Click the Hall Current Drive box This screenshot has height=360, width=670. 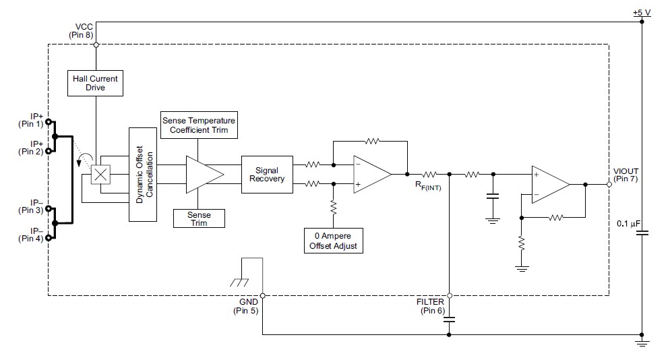(95, 84)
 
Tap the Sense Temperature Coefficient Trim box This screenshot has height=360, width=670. (198, 125)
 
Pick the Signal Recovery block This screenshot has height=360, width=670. (267, 174)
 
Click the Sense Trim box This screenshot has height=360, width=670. (198, 218)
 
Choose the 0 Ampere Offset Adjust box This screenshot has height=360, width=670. (333, 241)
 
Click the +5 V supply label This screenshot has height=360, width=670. (641, 13)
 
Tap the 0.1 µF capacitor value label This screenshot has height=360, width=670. (628, 222)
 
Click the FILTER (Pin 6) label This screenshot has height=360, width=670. (431, 306)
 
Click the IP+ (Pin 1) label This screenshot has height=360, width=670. (30, 120)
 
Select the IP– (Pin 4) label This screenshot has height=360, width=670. (30, 235)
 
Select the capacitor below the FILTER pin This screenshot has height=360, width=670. (449, 319)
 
